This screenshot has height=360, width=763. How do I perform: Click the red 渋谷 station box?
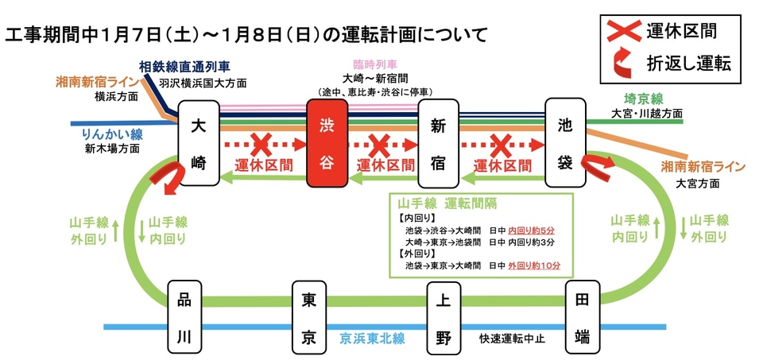click(327, 142)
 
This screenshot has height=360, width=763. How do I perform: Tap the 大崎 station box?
click(199, 142)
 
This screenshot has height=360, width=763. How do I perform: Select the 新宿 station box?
click(439, 142)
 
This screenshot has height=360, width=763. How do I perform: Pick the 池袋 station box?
click(565, 142)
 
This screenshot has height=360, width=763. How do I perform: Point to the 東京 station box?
click(310, 317)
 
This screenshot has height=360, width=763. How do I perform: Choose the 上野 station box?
click(443, 317)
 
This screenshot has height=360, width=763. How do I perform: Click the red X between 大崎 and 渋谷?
click(261, 145)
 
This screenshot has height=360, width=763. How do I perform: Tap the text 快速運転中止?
click(515, 338)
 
